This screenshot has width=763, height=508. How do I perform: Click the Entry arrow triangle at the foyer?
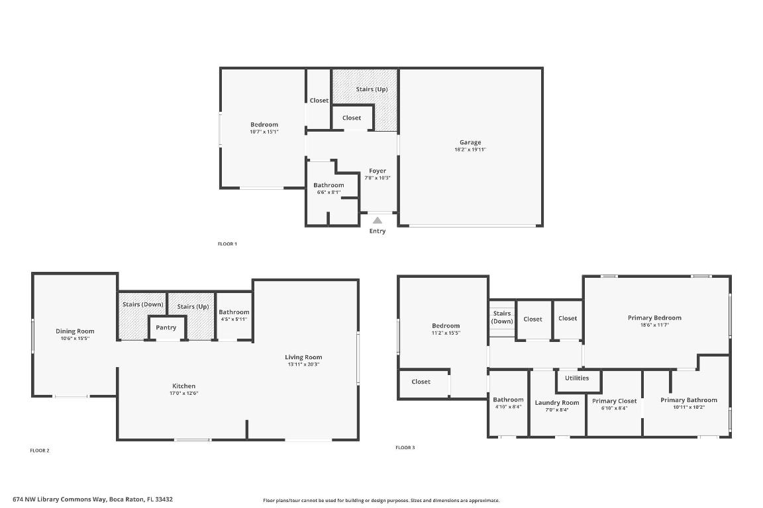[377, 220]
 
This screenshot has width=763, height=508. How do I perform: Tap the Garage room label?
[470, 142]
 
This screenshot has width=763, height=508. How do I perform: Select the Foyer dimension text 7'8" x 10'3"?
[378, 178]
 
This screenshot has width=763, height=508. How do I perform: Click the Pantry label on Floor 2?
[166, 327]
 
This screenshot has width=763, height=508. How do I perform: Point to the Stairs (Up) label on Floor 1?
[372, 89]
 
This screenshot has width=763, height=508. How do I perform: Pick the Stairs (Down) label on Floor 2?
[142, 306]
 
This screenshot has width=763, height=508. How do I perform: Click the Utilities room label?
[577, 378]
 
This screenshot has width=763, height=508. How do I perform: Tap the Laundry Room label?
[556, 402]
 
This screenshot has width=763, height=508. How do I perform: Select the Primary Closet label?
[614, 401]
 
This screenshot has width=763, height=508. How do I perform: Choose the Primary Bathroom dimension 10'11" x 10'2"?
[688, 407]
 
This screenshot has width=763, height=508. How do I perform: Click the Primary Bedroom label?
[654, 317]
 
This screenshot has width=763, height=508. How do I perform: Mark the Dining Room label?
[74, 331]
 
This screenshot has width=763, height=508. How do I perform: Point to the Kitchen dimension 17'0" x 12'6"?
[183, 393]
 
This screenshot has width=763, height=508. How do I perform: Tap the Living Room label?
[303, 357]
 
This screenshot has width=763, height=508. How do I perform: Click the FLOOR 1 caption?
[227, 244]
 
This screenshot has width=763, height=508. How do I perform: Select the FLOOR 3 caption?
[405, 448]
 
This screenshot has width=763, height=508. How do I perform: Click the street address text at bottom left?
[93, 499]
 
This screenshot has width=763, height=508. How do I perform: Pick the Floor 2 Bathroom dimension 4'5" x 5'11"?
[234, 319]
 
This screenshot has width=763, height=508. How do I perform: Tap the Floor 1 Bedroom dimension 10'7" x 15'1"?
[264, 132]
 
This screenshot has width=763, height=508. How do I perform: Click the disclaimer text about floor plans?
[381, 501]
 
